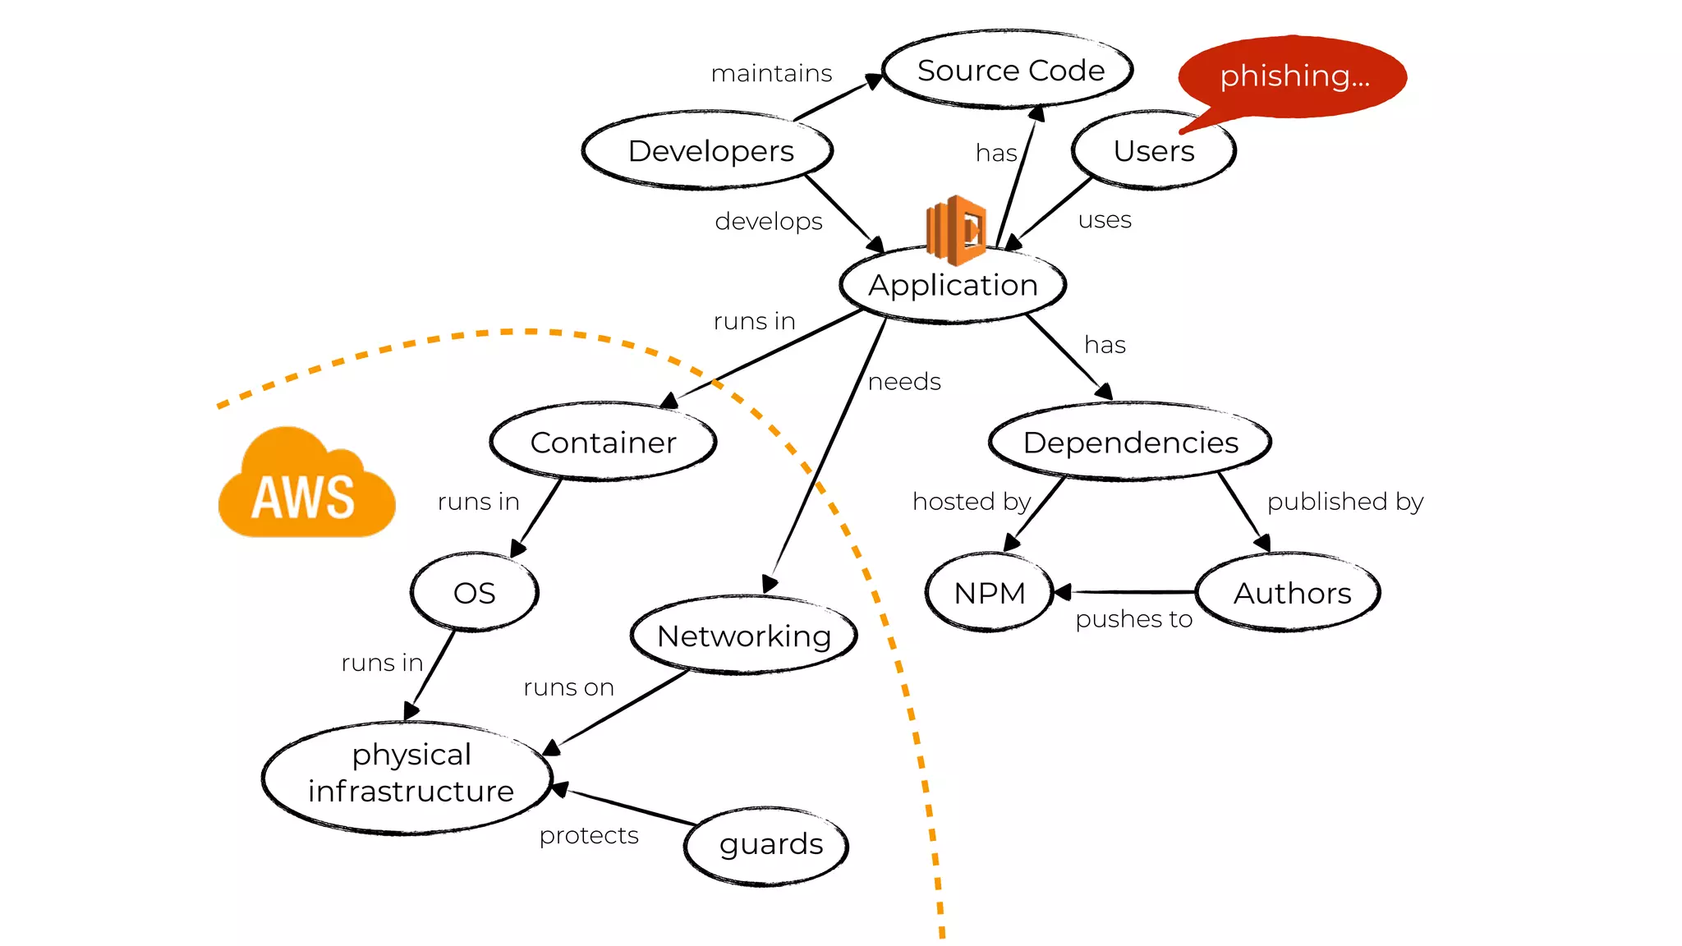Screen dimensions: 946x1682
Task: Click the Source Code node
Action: [x=1009, y=71]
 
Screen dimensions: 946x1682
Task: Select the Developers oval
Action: [x=709, y=151]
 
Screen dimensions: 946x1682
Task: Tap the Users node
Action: [x=1153, y=151]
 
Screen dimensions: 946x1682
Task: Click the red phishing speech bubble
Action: [x=1294, y=76]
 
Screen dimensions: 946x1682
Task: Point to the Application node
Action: [x=953, y=285]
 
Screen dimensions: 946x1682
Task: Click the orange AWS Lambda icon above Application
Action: [x=956, y=229]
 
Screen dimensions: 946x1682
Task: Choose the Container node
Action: [x=603, y=443]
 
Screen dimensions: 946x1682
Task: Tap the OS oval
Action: [x=474, y=593]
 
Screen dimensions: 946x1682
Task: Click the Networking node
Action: [x=744, y=636]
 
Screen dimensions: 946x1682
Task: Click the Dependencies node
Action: [x=1130, y=443]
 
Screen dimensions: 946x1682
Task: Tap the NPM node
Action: [x=989, y=593]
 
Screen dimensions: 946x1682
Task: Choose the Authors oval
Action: [x=1290, y=593]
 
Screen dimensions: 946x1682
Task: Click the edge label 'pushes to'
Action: [x=1133, y=619]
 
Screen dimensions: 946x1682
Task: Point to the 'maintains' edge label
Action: [x=771, y=74]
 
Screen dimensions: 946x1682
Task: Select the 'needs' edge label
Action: [x=904, y=382]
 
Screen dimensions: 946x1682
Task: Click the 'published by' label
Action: [x=1344, y=502]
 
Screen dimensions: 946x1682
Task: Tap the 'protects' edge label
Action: [x=589, y=835]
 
